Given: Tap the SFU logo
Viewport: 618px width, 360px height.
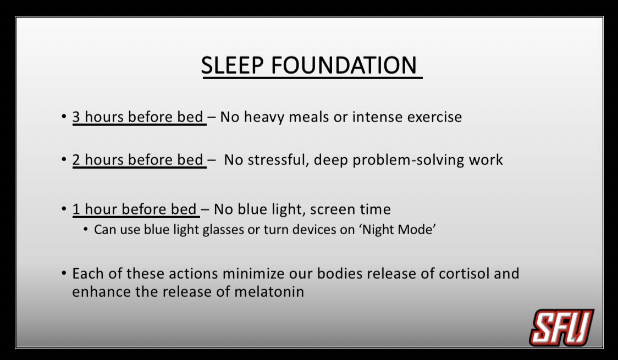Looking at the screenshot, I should pyautogui.click(x=561, y=327).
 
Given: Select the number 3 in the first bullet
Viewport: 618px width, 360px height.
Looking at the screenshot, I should pyautogui.click(x=76, y=117).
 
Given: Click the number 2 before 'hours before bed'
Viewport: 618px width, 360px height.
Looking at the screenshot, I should pyautogui.click(x=76, y=160).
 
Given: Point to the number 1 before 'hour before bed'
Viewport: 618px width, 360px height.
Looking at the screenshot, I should pyautogui.click(x=76, y=209).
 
